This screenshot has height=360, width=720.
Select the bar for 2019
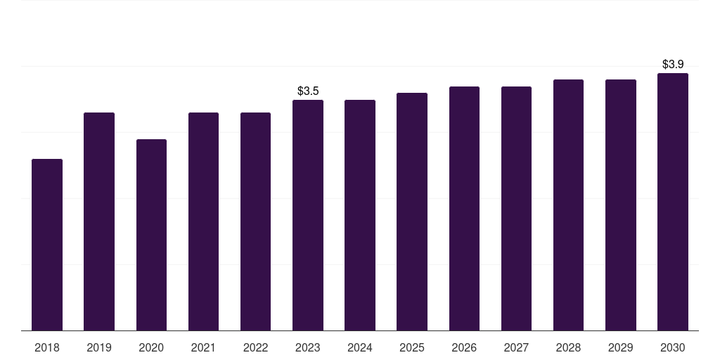(x=99, y=221)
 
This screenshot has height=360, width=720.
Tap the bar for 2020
(x=151, y=235)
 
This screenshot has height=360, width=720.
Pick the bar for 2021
(x=203, y=221)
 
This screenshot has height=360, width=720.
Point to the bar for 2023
(x=308, y=215)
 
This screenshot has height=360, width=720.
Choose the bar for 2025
(x=412, y=212)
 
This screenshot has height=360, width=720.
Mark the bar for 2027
(x=516, y=208)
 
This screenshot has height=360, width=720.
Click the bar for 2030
(x=673, y=202)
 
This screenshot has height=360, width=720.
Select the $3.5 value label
(x=308, y=91)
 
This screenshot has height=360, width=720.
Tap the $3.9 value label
(x=673, y=64)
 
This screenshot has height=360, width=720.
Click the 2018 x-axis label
(x=47, y=347)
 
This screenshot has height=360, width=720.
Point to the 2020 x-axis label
(x=151, y=347)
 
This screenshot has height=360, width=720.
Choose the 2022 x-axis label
(x=255, y=347)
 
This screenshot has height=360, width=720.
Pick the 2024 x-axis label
(x=360, y=347)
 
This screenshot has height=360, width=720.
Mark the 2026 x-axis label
(x=464, y=347)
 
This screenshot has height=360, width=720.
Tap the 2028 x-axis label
(x=568, y=347)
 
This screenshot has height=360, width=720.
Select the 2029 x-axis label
(x=621, y=347)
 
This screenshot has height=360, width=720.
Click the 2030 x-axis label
(x=673, y=347)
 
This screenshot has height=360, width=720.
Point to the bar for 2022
(x=255, y=221)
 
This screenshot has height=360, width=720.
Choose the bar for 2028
(x=568, y=205)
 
